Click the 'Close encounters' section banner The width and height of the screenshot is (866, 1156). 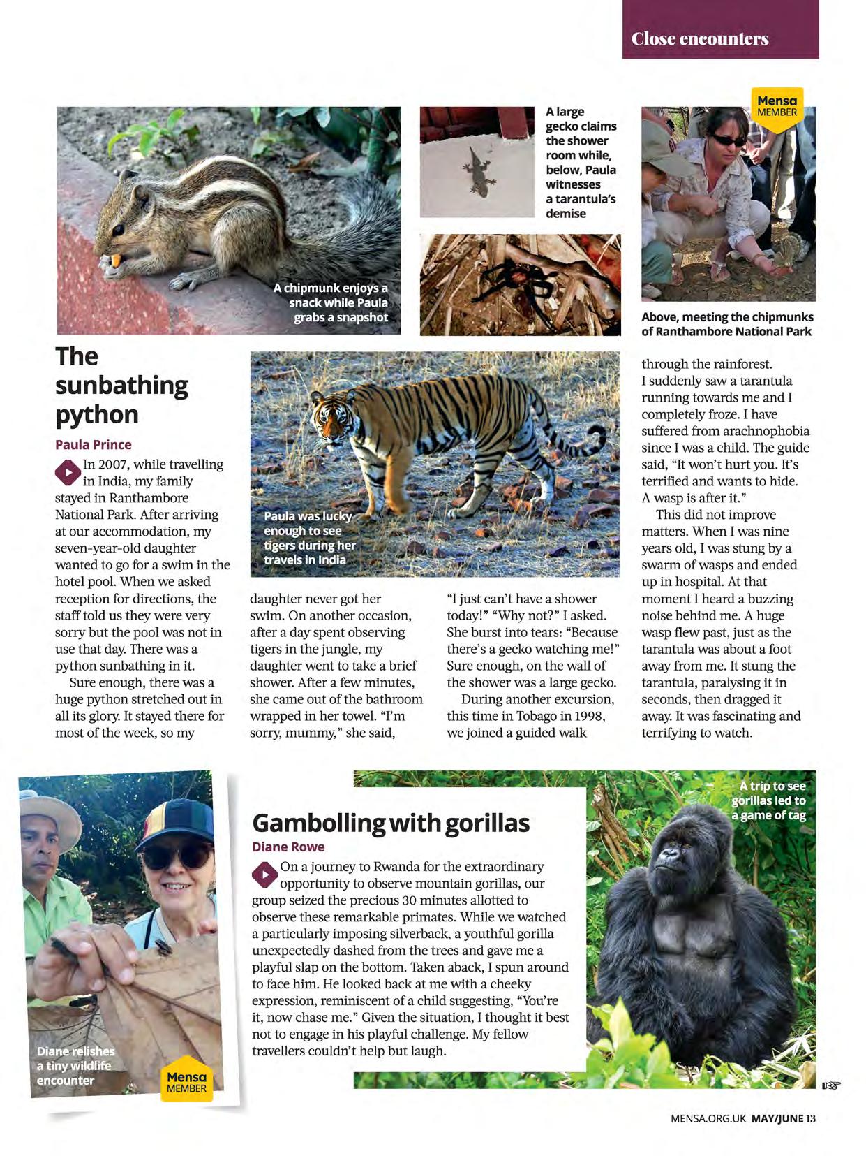click(x=700, y=38)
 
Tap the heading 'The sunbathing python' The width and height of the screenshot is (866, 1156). click(x=121, y=385)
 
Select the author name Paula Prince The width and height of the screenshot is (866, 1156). click(x=94, y=444)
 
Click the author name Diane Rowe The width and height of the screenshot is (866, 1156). click(x=288, y=847)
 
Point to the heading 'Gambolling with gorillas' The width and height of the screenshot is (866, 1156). click(x=391, y=822)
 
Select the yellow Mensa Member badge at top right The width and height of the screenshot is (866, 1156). click(x=777, y=107)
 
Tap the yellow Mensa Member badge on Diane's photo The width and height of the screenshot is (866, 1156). click(x=186, y=1082)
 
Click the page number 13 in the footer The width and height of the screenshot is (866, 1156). click(x=810, y=1118)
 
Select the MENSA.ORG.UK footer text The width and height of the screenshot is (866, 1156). click(x=708, y=1118)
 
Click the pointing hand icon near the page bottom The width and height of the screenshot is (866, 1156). click(x=830, y=1085)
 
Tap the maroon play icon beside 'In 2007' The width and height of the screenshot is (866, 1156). click(x=67, y=473)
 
